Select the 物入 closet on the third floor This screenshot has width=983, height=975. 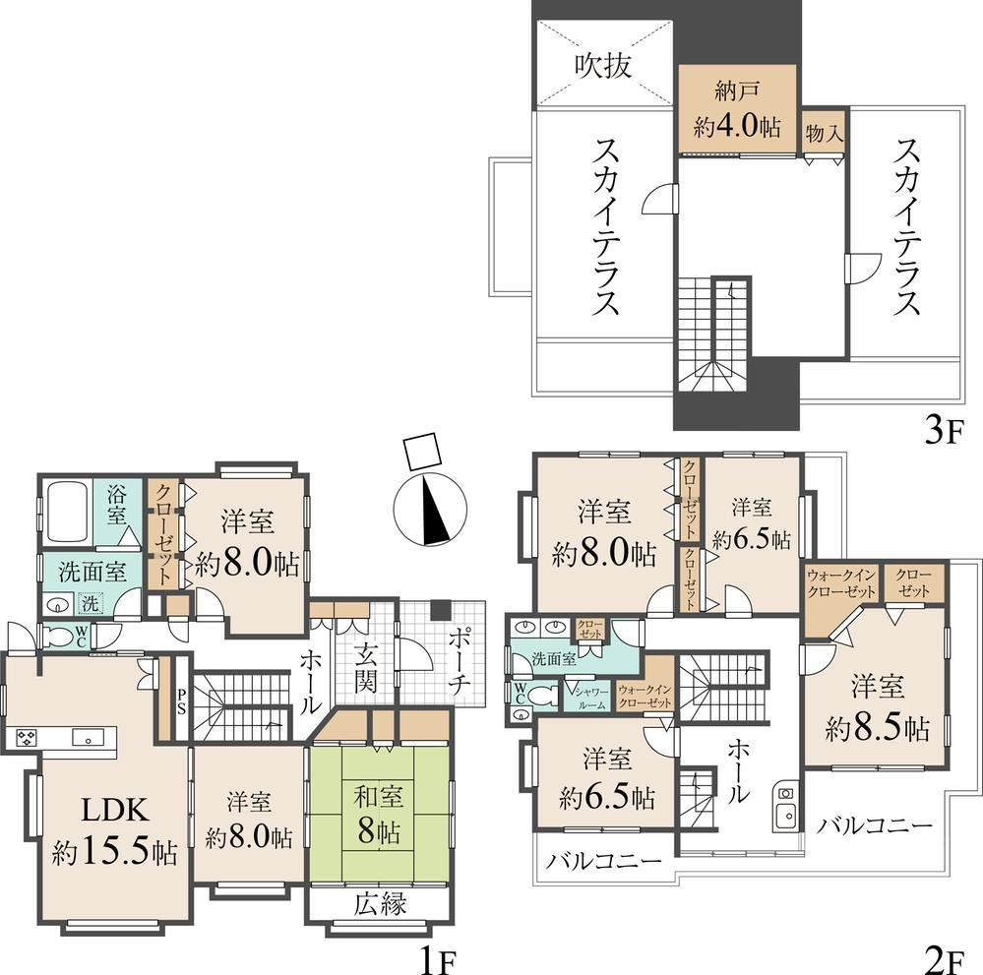[825, 132]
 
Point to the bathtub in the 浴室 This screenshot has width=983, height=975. [65, 513]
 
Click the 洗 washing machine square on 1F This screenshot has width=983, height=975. [91, 604]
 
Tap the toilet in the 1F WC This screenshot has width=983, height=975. [60, 637]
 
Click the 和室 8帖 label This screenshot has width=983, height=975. [379, 815]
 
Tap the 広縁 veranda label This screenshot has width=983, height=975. [380, 903]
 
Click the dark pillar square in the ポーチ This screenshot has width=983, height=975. [441, 609]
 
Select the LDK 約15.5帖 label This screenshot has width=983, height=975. [115, 830]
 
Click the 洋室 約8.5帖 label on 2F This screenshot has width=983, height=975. [877, 707]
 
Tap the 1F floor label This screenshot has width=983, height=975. [435, 960]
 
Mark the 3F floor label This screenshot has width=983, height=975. [943, 432]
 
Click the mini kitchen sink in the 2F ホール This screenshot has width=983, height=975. [785, 816]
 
